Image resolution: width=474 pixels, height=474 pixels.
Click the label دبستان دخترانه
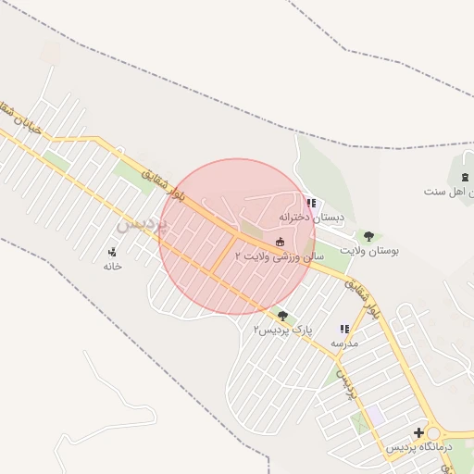(x=312, y=218)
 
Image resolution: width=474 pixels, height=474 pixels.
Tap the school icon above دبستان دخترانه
(x=311, y=203)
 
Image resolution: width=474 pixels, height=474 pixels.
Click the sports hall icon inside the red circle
(x=281, y=241)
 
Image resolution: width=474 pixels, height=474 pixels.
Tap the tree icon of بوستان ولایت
(x=368, y=236)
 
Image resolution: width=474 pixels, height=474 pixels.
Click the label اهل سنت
(x=449, y=192)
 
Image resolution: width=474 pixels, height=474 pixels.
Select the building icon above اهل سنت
(x=465, y=177)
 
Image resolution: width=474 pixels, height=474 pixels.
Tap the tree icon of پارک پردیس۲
(x=283, y=316)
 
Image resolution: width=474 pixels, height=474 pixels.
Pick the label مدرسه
(x=344, y=343)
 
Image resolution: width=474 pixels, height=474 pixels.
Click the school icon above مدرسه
(x=344, y=329)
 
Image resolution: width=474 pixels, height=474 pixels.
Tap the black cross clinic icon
(x=419, y=432)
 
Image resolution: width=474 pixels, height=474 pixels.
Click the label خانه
(x=113, y=266)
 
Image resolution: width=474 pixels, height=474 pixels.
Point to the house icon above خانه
(x=113, y=251)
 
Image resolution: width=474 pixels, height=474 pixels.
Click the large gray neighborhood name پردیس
(x=142, y=222)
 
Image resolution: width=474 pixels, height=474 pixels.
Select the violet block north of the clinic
(x=375, y=416)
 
